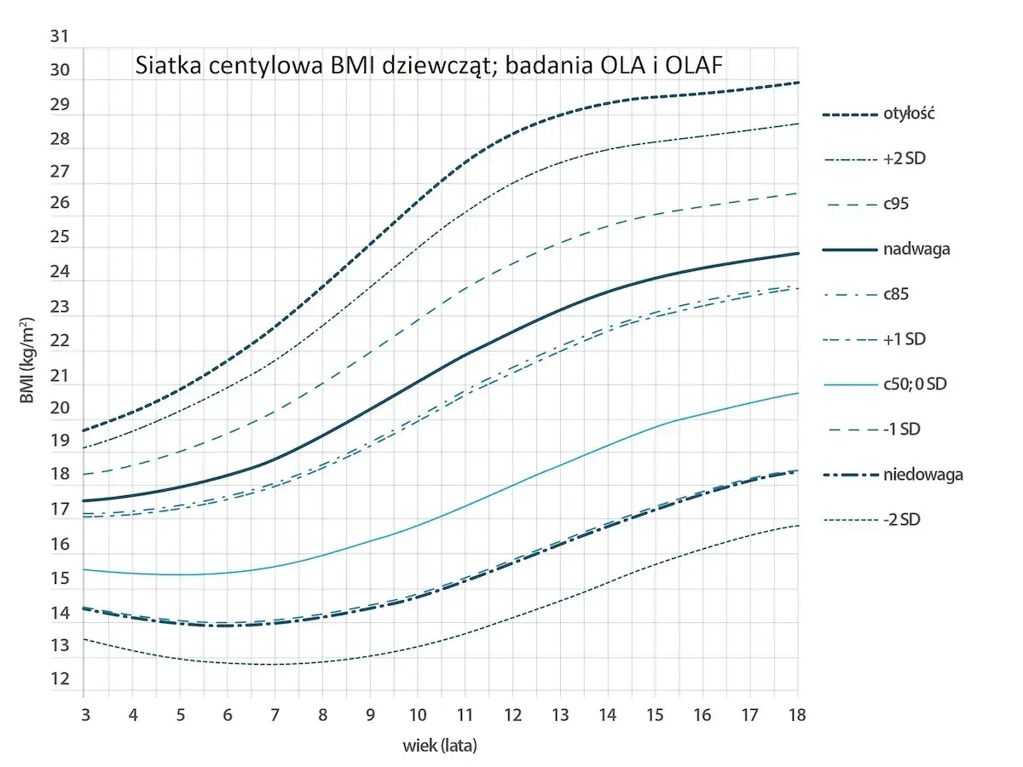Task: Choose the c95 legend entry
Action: [896, 205]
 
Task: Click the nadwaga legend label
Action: [916, 250]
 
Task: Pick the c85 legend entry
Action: [896, 295]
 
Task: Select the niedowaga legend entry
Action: [922, 475]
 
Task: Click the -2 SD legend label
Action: [904, 519]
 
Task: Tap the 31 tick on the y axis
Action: [60, 37]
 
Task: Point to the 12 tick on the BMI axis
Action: [60, 680]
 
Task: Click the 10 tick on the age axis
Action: [417, 712]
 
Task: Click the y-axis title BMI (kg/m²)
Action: [28, 362]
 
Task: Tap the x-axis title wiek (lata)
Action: [440, 746]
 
